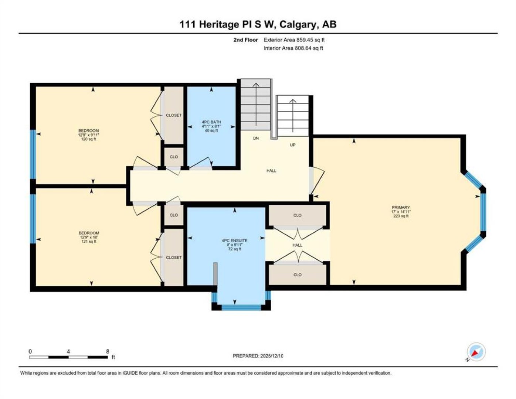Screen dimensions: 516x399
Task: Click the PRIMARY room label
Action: point(401,207)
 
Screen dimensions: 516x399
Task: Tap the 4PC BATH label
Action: point(211,122)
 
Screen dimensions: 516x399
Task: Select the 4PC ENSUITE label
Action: point(235,241)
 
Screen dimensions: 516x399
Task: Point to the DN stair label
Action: point(256,138)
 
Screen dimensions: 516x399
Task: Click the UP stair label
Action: point(292,145)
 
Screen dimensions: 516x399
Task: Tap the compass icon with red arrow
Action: point(476,352)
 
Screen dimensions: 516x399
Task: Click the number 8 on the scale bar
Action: point(108,351)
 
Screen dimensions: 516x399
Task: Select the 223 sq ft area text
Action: point(401,216)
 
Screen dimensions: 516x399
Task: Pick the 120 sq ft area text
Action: point(89,139)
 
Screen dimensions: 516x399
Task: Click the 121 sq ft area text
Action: point(89,241)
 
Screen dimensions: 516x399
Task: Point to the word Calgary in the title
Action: point(299,25)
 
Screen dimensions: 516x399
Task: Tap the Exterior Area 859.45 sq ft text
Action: point(294,40)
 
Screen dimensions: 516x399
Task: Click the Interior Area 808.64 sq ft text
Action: point(293,48)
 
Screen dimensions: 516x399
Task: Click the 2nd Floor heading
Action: point(245,40)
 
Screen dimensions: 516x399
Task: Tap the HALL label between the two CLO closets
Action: point(297,245)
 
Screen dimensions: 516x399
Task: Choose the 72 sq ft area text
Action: point(235,249)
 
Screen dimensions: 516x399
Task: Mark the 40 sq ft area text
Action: point(211,130)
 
